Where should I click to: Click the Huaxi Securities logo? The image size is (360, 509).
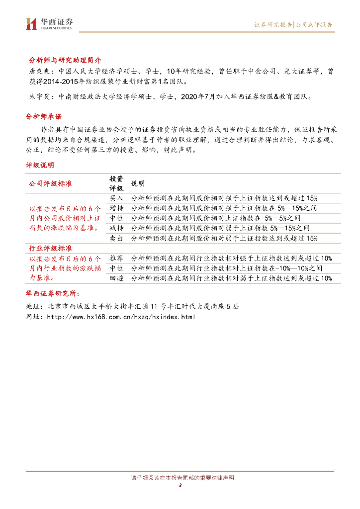[49, 23]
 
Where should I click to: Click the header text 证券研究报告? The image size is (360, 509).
[273, 24]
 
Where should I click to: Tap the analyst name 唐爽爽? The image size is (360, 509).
[35, 72]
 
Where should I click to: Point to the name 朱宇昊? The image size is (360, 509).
[35, 97]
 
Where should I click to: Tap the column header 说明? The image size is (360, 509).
[138, 183]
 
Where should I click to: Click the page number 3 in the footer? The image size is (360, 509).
[180, 486]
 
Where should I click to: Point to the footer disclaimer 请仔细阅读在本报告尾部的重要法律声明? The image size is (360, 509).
[180, 478]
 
